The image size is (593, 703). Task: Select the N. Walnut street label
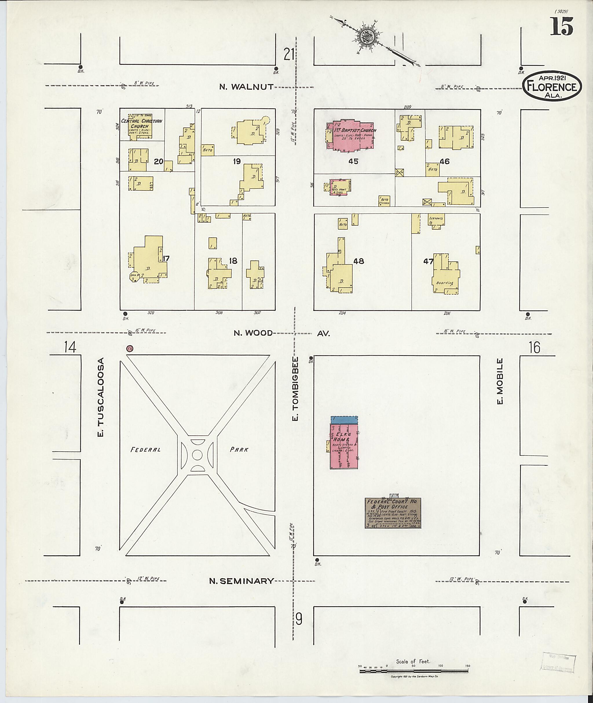click(x=246, y=87)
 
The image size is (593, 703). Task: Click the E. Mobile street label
click(x=500, y=381)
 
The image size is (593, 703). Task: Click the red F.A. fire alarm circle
click(x=129, y=349)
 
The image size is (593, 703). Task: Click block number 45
click(x=353, y=161)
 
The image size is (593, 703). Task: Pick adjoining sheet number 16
click(x=535, y=347)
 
